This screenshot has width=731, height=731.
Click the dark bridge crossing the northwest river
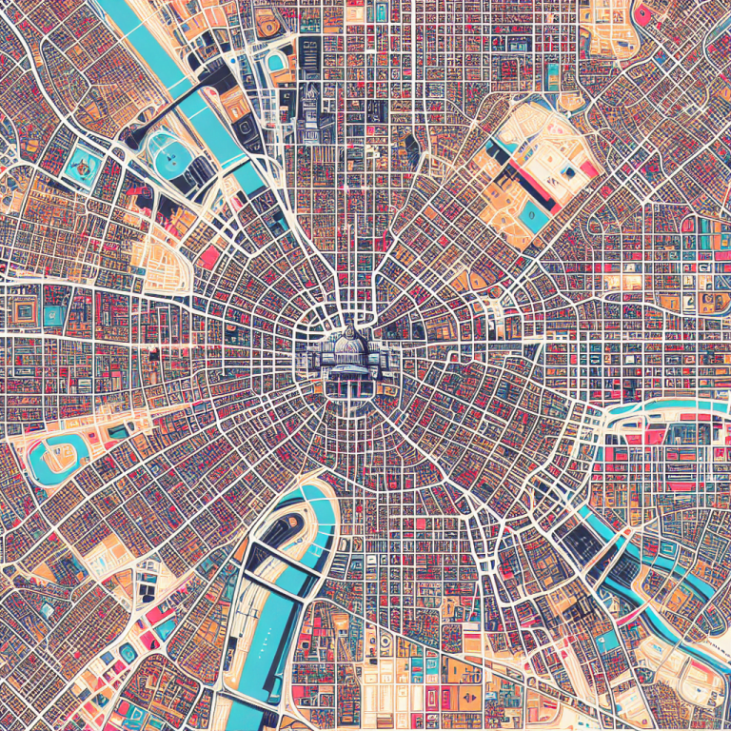point(195,95)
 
